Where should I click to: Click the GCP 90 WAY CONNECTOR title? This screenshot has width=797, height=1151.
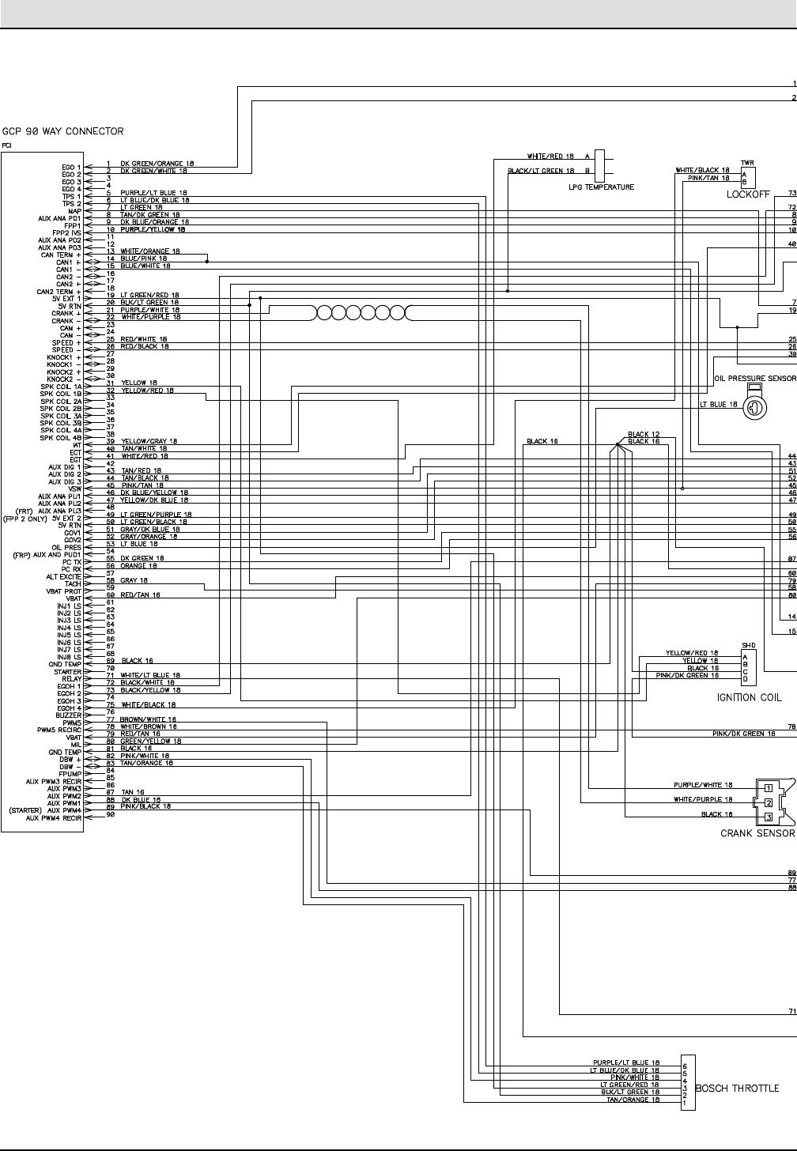pos(63,130)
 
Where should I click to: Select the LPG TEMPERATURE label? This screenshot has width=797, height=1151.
pos(601,187)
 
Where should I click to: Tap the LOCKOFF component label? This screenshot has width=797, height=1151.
pos(748,194)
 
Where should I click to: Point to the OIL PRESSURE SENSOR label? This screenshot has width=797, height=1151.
pos(754,379)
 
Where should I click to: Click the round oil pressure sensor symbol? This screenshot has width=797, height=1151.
pos(754,408)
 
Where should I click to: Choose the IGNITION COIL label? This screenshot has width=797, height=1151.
pos(749,697)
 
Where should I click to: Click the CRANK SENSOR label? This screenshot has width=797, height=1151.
pos(757,833)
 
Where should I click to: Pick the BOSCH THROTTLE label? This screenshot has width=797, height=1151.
pos(737,1089)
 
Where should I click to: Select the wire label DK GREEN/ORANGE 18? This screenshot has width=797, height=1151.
pos(157,164)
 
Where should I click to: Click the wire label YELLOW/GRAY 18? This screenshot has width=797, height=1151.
pos(149,441)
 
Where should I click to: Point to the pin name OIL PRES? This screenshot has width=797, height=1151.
pos(67,547)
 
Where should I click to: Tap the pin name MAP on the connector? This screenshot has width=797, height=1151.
pos(75,211)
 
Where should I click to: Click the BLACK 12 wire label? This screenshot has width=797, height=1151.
pos(643,434)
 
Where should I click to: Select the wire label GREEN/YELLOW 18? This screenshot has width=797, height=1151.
pos(151,741)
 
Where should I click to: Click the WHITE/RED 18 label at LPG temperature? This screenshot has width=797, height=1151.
pos(550,157)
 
